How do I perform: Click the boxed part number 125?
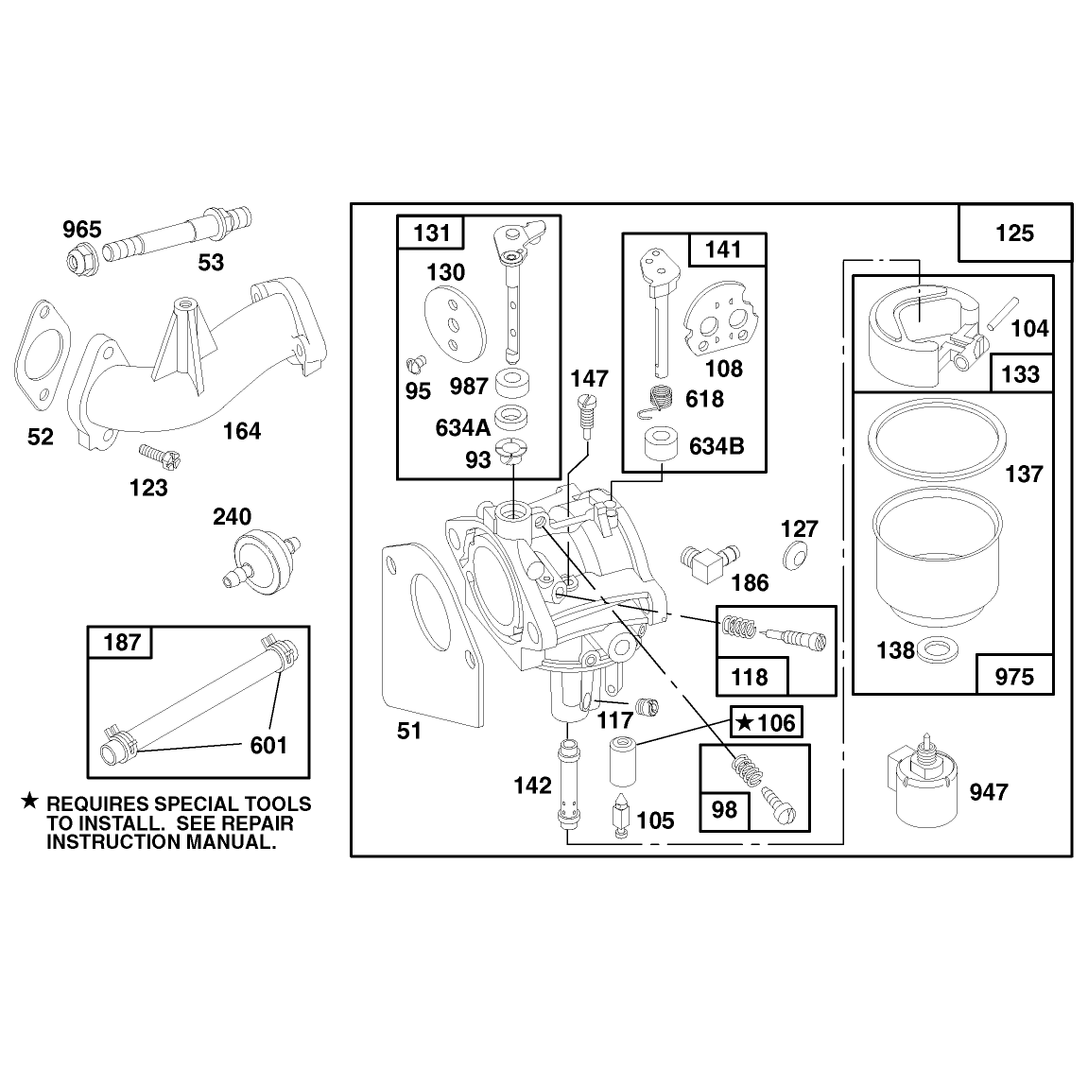pyautogui.click(x=1014, y=233)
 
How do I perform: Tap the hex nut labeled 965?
pyautogui.click(x=81, y=259)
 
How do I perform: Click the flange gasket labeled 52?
pyautogui.click(x=42, y=360)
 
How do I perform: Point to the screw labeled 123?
pyautogui.click(x=160, y=456)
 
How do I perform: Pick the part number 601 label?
pyautogui.click(x=268, y=745)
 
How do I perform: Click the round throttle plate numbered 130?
pyautogui.click(x=455, y=322)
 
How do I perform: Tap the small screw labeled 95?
pyautogui.click(x=416, y=362)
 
